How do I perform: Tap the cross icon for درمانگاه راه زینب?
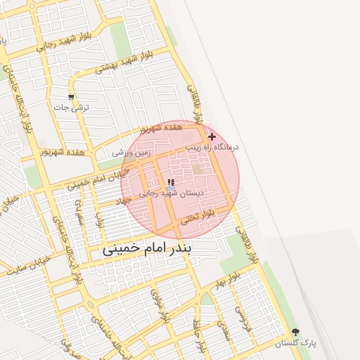pos(212,136)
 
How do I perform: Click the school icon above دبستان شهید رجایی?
pos(171,182)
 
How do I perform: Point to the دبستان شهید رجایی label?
pos(172,193)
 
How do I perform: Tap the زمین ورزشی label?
pos(130,152)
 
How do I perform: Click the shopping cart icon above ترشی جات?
pos(71,97)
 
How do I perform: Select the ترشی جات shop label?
pos(72,108)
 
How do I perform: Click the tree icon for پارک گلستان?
pos(295,332)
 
